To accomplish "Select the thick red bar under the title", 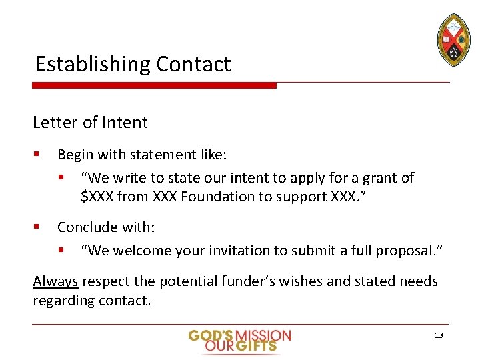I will click(154, 85).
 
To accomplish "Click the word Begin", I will click(75, 155).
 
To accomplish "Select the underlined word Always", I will click(55, 281).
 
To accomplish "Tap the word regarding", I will click(63, 301).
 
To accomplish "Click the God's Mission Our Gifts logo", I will click(239, 340).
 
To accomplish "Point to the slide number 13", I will click(438, 335).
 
